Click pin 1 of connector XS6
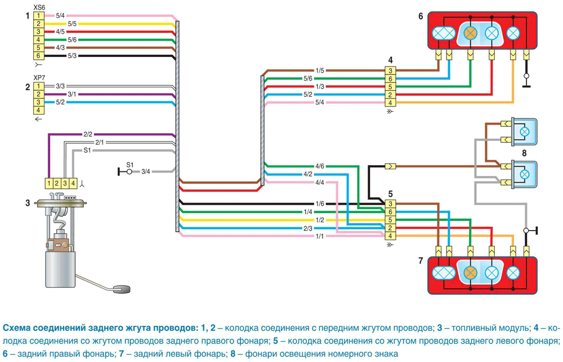(38, 16)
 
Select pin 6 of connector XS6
(38, 56)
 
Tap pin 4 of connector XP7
(38, 111)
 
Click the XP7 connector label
(39, 78)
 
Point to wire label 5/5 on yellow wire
(72, 24)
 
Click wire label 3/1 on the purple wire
(72, 95)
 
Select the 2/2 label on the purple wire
(88, 134)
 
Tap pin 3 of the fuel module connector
(65, 183)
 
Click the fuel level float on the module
(122, 289)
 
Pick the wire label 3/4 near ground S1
(145, 172)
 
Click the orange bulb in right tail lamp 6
(470, 33)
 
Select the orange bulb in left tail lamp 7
(470, 273)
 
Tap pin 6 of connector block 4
(390, 79)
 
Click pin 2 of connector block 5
(390, 228)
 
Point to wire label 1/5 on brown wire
(320, 70)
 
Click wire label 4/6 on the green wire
(320, 166)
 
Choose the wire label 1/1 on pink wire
(320, 236)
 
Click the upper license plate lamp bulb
(525, 131)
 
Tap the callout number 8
(524, 153)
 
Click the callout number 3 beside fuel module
(28, 203)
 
